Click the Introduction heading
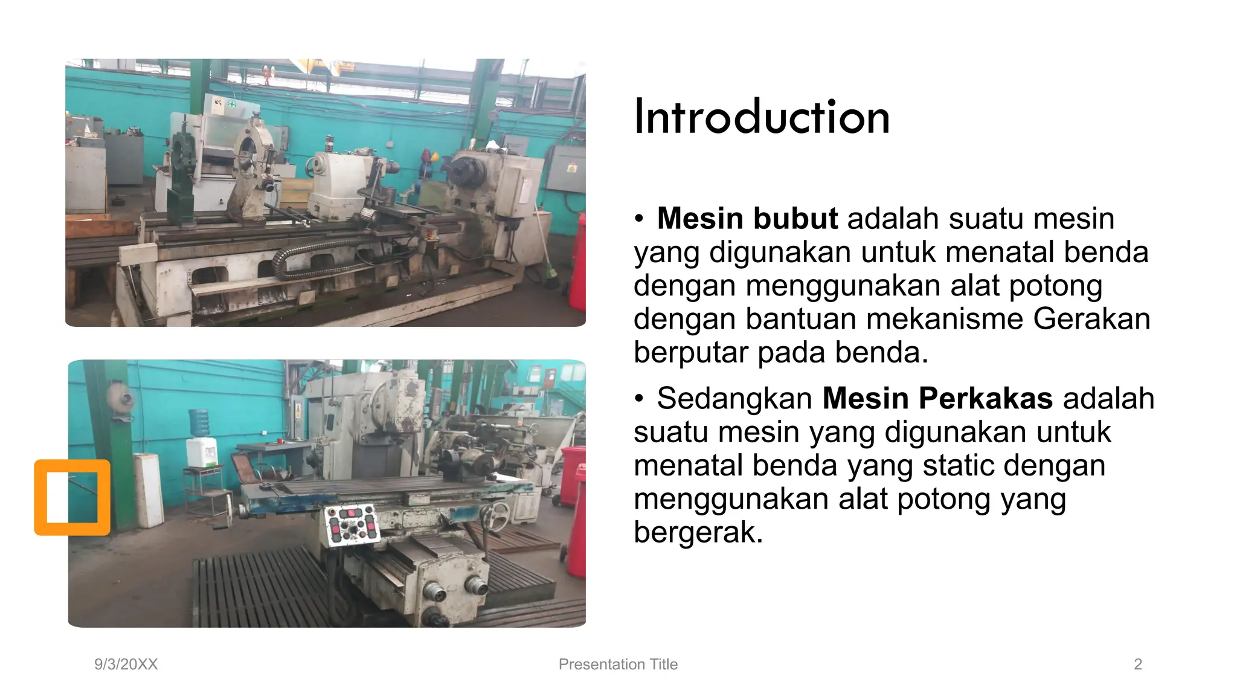click(x=761, y=117)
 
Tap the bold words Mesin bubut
click(x=747, y=219)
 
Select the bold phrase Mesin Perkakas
click(x=937, y=399)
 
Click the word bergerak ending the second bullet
click(x=698, y=532)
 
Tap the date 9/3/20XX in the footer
click(x=126, y=664)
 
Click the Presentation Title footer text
click(x=618, y=664)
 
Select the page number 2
click(x=1138, y=664)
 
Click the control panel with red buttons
click(x=351, y=524)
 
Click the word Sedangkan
click(x=734, y=399)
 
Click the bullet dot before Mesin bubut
click(x=639, y=219)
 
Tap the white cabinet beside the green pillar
click(x=148, y=489)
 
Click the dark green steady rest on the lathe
click(x=181, y=175)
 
